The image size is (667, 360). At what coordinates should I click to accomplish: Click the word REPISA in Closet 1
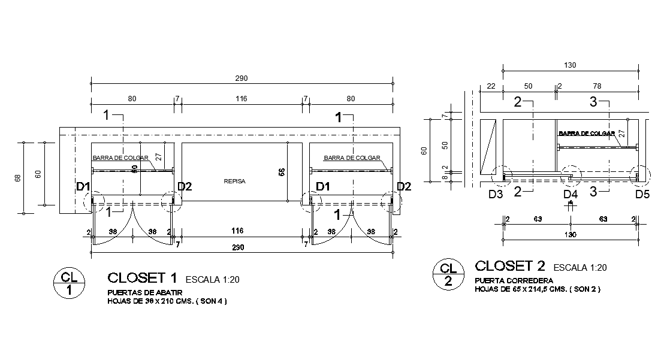[234, 180]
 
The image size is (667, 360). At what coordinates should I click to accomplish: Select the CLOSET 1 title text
[142, 277]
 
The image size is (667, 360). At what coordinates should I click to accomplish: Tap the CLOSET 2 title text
[510, 265]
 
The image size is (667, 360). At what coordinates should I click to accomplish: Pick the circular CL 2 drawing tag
[447, 275]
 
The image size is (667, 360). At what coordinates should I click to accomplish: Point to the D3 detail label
[496, 194]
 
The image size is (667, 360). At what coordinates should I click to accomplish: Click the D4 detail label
[571, 194]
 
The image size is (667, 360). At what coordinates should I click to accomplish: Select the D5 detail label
[642, 194]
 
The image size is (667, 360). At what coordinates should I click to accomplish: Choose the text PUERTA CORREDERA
[514, 280]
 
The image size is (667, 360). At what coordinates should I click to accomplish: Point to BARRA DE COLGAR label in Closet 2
[587, 134]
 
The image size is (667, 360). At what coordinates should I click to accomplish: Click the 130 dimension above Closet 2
[570, 65]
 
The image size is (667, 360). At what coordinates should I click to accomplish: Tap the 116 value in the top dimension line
[241, 98]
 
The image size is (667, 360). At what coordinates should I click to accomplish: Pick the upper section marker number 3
[593, 102]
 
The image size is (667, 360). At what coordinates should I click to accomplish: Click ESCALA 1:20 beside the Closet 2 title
[581, 267]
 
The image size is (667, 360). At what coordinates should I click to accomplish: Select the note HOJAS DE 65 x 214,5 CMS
[538, 289]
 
